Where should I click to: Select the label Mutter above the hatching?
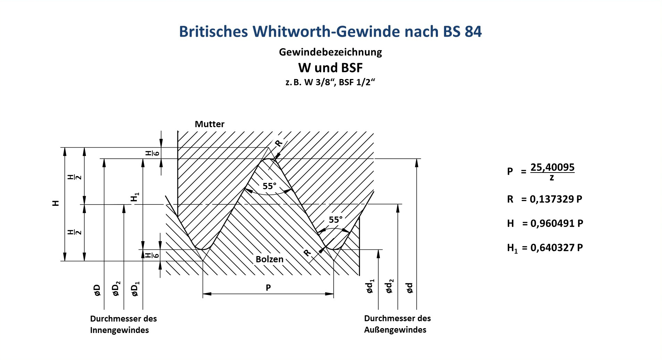[x=209, y=124]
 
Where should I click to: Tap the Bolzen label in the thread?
[x=270, y=259]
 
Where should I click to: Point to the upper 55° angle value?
[x=270, y=186]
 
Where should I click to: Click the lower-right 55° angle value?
[x=336, y=220]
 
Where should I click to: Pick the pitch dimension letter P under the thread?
[x=268, y=288]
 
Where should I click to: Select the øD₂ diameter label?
[x=117, y=289]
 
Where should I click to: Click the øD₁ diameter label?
[x=135, y=289]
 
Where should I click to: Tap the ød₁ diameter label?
[x=370, y=286]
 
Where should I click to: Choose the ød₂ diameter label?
[x=390, y=286]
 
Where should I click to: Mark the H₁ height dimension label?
[x=134, y=197]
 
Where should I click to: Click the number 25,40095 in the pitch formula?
[x=553, y=167]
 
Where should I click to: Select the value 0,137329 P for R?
[x=556, y=199]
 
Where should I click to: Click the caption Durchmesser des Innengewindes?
[x=124, y=324]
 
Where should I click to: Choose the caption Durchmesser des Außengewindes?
[x=397, y=324]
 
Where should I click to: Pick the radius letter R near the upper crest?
[x=279, y=143]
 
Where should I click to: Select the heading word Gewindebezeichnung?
[x=330, y=52]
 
